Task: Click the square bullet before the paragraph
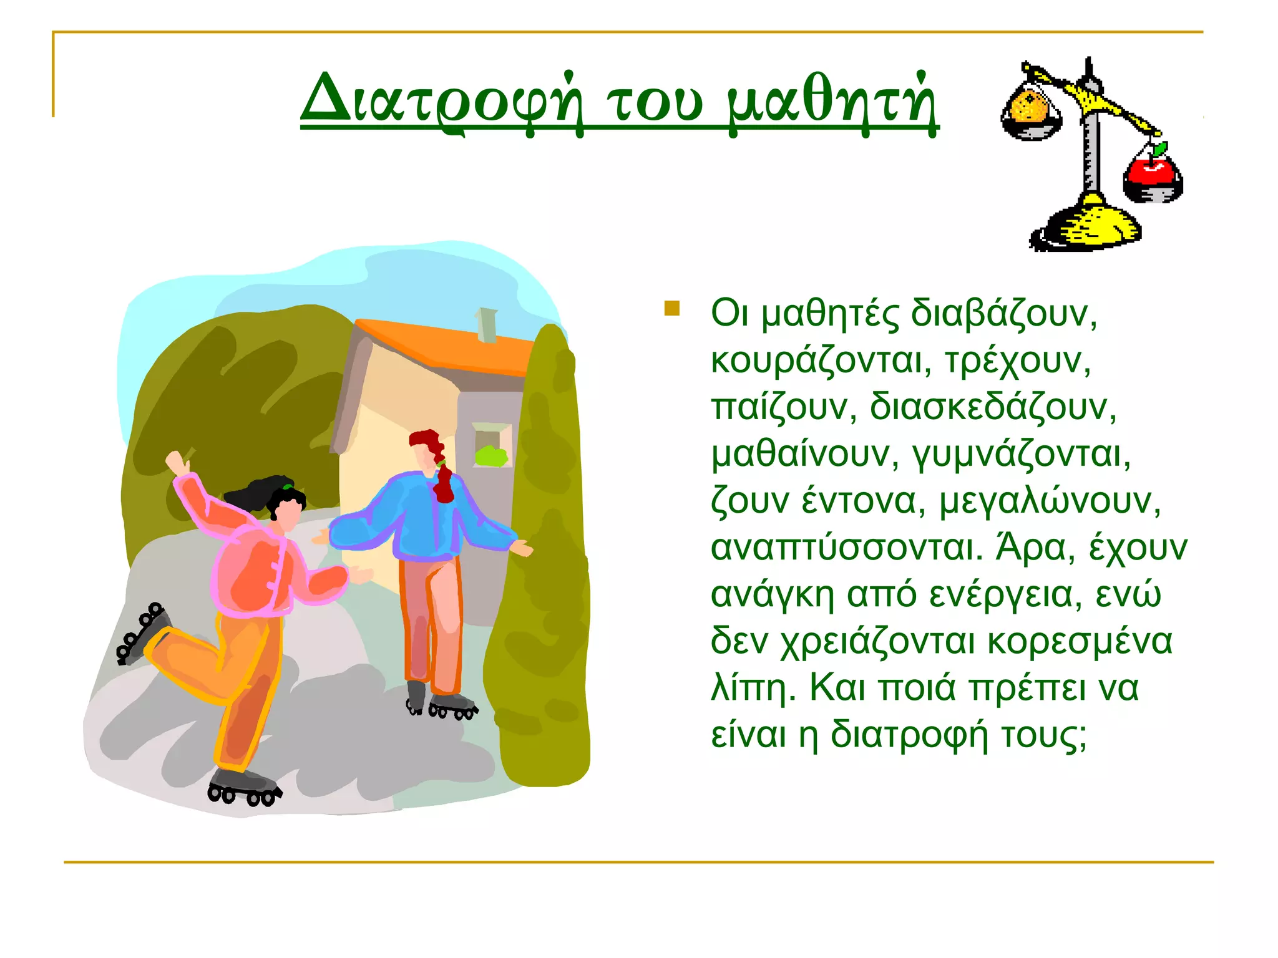[671, 309]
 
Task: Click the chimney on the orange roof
[486, 324]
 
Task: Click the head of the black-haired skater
[287, 508]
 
